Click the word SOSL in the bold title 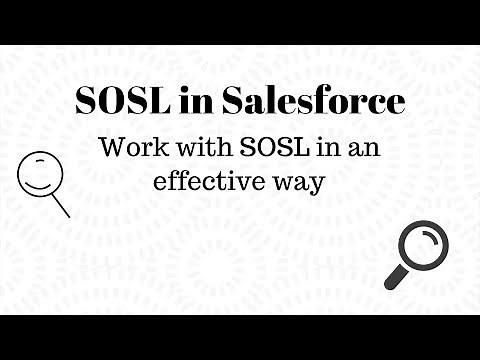(x=121, y=102)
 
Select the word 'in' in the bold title (x=195, y=102)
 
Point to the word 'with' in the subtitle (x=200, y=148)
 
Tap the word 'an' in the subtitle (x=364, y=149)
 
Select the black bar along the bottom (x=240, y=337)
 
